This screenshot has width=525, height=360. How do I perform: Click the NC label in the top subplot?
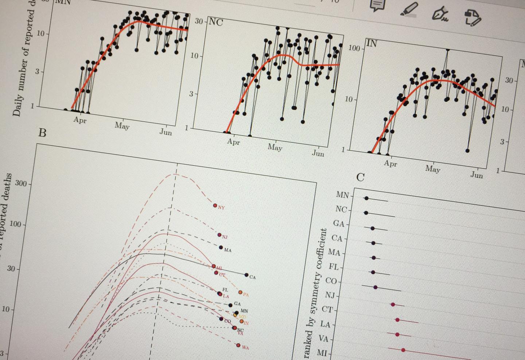tap(215, 22)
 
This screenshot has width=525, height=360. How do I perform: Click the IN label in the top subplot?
tap(372, 44)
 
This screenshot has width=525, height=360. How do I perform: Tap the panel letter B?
tap(42, 133)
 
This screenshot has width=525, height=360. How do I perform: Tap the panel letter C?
tap(360, 177)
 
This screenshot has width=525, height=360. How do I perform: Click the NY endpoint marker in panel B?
tap(215, 206)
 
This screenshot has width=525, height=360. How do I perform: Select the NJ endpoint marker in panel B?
tap(219, 235)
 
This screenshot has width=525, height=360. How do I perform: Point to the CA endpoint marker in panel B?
tap(246, 275)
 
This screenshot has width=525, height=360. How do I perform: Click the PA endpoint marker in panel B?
tap(240, 292)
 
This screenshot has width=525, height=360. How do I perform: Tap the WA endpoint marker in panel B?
tap(238, 345)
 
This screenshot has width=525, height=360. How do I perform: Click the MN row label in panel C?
tap(342, 195)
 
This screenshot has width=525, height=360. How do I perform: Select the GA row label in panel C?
tap(339, 224)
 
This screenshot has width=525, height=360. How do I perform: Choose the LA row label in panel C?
tap(325, 324)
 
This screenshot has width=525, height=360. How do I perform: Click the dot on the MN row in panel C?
tap(366, 198)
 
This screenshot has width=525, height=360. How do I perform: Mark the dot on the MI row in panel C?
tap(403, 350)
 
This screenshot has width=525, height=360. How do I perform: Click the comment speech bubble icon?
tap(377, 5)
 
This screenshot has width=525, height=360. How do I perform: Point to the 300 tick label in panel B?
tap(21, 184)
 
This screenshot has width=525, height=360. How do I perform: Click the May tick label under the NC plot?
tap(275, 147)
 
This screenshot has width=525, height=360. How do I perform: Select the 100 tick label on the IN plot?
tap(353, 48)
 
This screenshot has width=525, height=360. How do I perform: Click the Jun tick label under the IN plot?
tap(477, 175)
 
